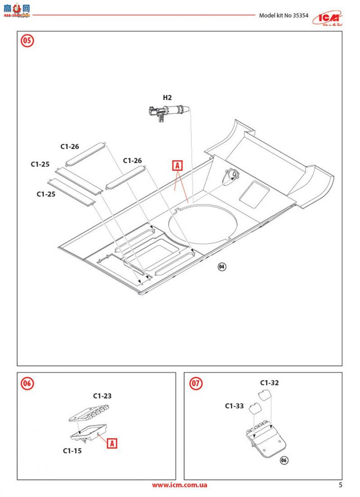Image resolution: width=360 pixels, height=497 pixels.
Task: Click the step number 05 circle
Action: coord(27,41)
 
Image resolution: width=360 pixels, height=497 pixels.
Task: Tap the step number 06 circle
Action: coord(27,383)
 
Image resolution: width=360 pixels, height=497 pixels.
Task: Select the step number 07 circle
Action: coord(196,383)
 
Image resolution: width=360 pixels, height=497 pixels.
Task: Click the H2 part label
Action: coord(167,97)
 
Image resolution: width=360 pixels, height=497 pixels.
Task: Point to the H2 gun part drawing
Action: coord(168,111)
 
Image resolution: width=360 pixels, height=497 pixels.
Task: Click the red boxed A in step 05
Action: coord(177,166)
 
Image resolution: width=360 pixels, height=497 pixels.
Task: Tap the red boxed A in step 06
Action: coord(112,443)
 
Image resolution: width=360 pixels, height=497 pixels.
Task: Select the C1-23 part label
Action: coord(102,396)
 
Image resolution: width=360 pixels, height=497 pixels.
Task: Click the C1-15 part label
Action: coord(72,451)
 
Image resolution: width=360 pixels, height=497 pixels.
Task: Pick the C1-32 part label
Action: coord(269,383)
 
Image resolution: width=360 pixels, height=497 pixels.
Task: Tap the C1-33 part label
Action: coord(234,406)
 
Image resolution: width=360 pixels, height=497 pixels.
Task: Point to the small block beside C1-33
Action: coord(256,409)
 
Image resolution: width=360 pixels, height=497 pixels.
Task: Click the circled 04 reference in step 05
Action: coord(222,267)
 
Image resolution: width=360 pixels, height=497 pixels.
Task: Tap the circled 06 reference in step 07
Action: coord(283,460)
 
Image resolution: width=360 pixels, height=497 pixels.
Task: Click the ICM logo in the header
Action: coord(327,17)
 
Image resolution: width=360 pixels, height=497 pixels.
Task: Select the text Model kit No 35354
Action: coord(283,15)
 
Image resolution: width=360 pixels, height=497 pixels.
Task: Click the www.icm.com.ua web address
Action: coord(179,485)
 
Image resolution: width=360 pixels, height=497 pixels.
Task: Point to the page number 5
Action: coord(341,485)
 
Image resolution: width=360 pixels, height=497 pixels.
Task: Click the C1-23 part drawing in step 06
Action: coord(89,412)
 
